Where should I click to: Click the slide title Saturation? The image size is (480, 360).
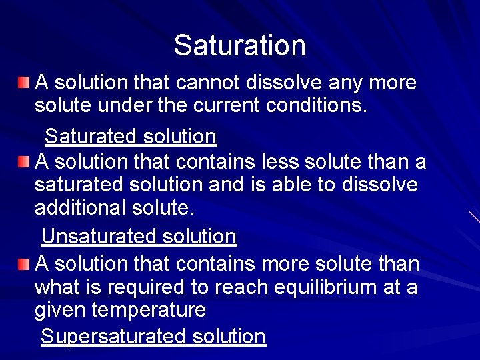239,45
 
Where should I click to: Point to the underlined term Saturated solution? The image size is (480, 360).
130,137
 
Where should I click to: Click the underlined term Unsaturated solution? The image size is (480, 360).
139,237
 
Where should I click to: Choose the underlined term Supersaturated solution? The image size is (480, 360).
153,337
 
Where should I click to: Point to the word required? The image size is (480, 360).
147,287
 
